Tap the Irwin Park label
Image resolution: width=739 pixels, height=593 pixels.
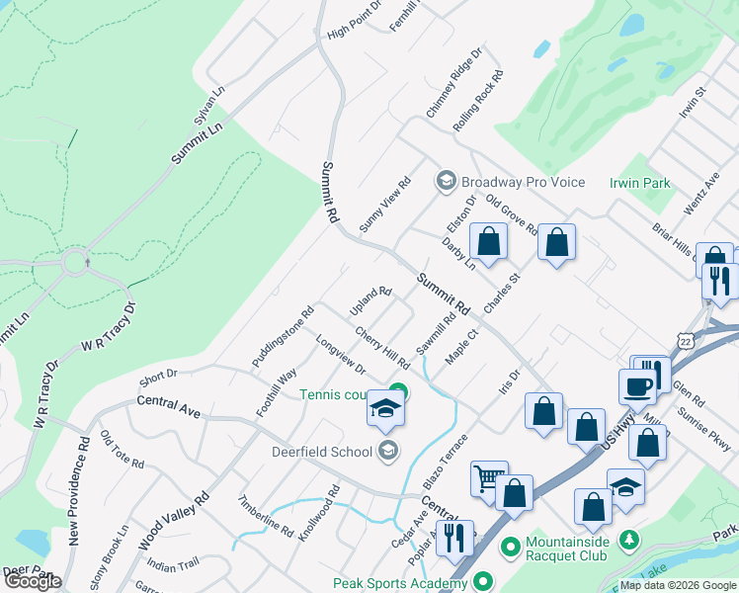[640, 183]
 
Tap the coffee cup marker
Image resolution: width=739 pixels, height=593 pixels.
[638, 386]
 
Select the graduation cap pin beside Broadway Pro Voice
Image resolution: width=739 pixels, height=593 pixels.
[445, 181]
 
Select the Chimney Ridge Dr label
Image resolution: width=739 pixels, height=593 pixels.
[453, 83]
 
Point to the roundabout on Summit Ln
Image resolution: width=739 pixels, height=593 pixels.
[76, 264]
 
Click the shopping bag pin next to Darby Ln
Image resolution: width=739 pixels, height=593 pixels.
[488, 240]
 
